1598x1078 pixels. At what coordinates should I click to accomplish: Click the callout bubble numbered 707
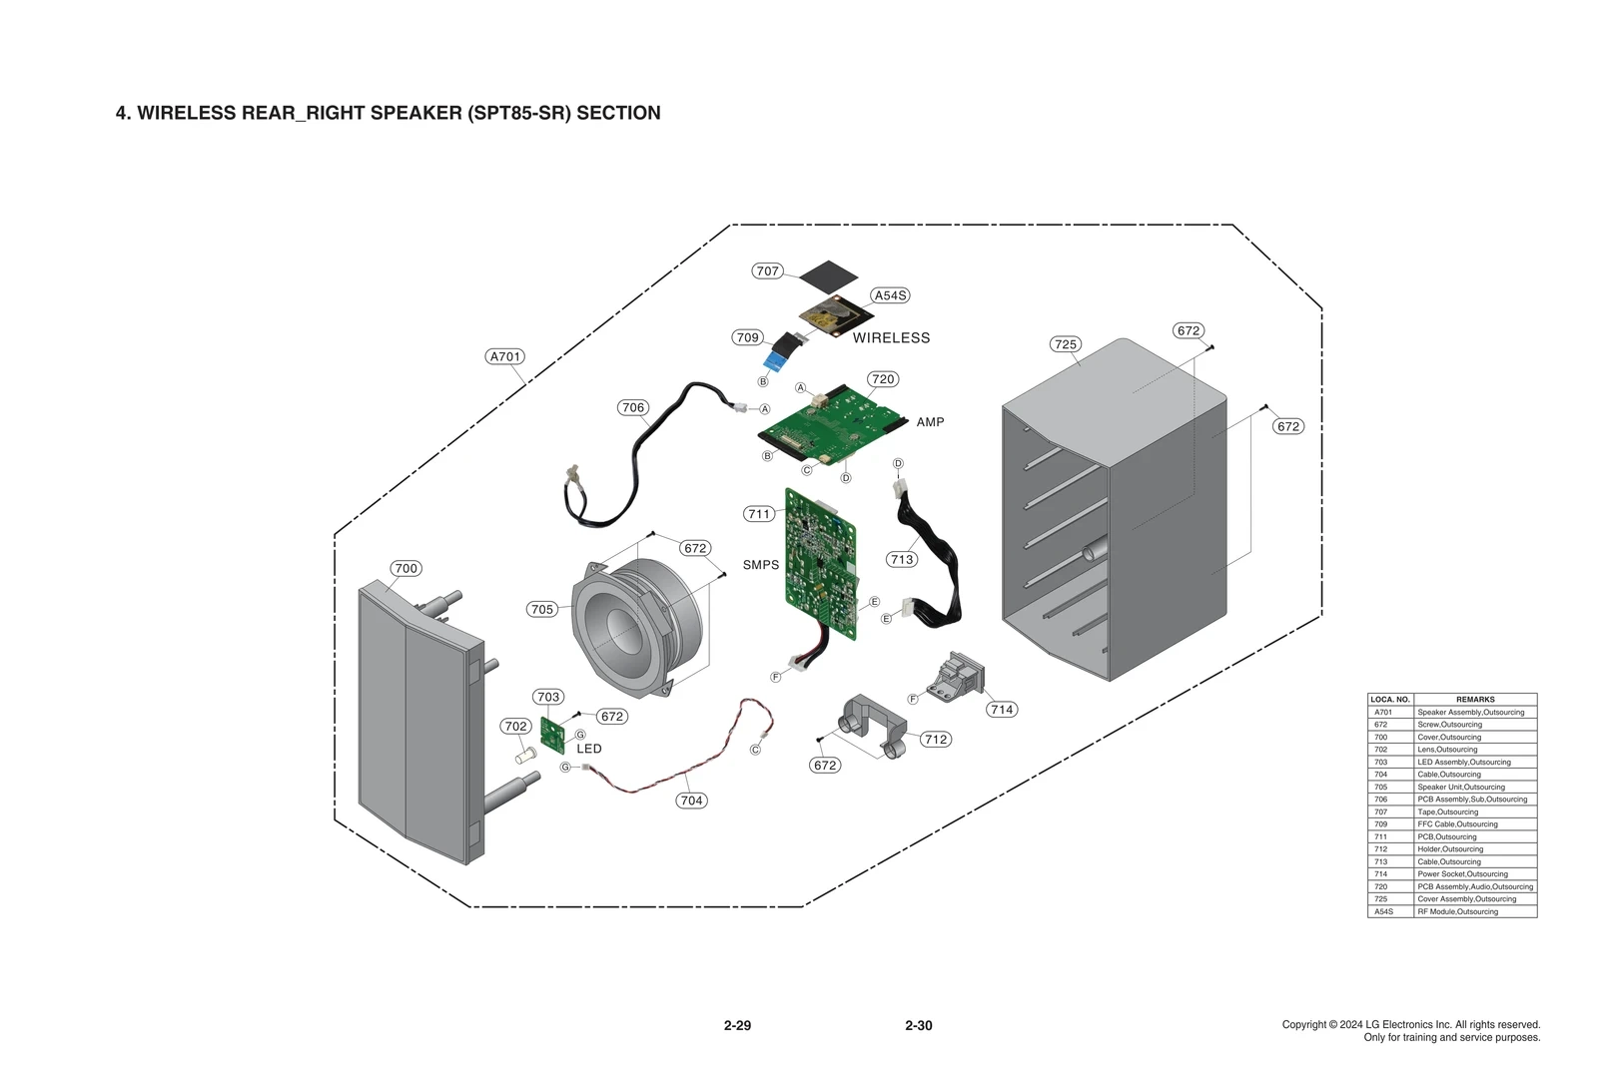(767, 270)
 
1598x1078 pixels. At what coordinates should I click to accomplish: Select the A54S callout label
(890, 295)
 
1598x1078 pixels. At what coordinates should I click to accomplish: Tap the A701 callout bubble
(505, 356)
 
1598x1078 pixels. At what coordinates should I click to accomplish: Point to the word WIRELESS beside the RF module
(891, 338)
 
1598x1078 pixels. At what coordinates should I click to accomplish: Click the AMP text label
(930, 422)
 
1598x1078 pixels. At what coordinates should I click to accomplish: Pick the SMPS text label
(760, 565)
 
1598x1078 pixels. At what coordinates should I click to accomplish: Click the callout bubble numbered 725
(1066, 344)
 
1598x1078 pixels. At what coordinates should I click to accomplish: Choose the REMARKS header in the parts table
(1475, 700)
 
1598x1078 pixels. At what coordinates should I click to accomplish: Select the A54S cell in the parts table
(1383, 912)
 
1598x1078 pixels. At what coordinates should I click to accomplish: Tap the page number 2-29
(737, 1025)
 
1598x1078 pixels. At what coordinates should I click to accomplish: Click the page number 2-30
(918, 1025)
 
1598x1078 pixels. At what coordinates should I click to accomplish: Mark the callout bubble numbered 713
(902, 559)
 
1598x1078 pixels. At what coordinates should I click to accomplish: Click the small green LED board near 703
(552, 736)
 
